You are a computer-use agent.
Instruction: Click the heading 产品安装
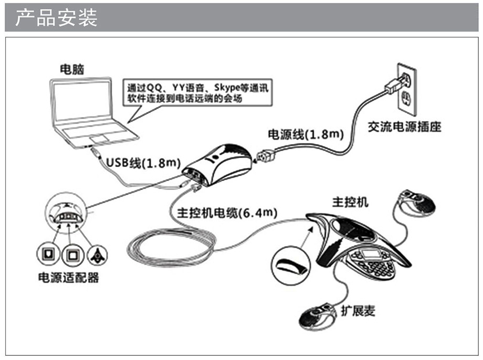pyautogui.click(x=56, y=17)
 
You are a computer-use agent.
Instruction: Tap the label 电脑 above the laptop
pyautogui.click(x=72, y=69)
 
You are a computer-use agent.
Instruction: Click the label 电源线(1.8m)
pyautogui.click(x=306, y=134)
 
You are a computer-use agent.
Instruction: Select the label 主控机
pyautogui.click(x=350, y=202)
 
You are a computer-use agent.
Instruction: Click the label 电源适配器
pyautogui.click(x=69, y=277)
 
